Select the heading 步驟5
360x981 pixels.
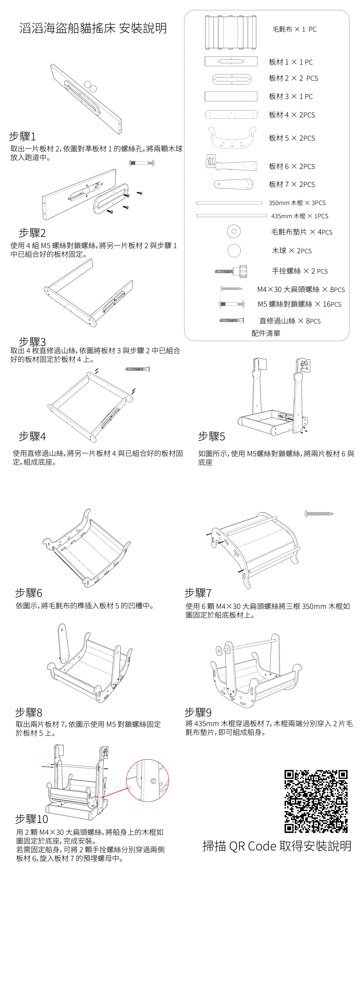(212, 436)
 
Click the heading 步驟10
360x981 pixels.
(32, 819)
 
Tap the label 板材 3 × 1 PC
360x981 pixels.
(291, 97)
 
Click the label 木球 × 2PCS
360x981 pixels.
(291, 251)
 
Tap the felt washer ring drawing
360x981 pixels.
(234, 231)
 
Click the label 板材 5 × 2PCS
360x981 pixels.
(292, 138)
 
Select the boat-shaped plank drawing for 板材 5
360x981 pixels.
(232, 137)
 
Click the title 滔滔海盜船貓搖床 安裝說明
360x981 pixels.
(93, 28)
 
